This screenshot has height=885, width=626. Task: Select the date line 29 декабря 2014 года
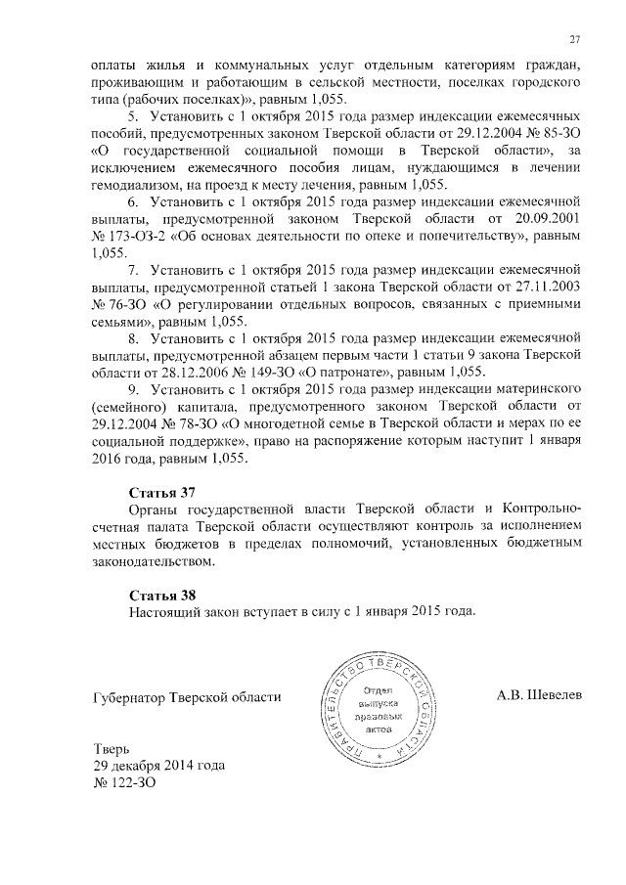157,766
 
